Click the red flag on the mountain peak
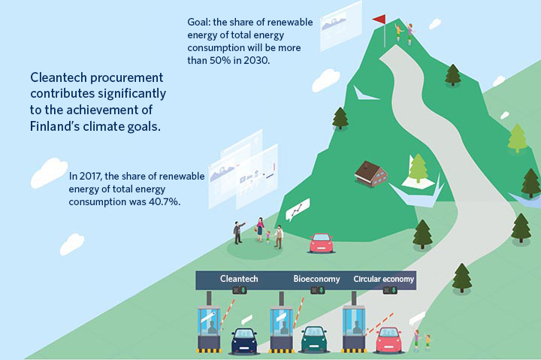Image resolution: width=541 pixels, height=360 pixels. (379, 20)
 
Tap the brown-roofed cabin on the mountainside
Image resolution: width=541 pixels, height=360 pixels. (370, 174)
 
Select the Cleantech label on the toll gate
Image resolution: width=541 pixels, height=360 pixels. (239, 279)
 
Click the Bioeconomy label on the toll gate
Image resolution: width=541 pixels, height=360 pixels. (316, 279)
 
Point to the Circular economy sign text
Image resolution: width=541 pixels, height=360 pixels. (384, 279)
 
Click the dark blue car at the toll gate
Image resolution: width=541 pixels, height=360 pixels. (244, 340)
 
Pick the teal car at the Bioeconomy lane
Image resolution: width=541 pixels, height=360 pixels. (313, 339)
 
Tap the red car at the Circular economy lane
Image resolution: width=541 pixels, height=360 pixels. (388, 340)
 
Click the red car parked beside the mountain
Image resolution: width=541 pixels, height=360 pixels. (322, 243)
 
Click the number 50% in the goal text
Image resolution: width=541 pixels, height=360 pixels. (219, 60)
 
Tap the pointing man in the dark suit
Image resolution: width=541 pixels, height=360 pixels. (238, 233)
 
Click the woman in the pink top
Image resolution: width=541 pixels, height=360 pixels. (260, 228)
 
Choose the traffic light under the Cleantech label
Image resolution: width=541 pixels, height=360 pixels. (239, 290)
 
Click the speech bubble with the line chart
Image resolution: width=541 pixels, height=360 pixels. (298, 209)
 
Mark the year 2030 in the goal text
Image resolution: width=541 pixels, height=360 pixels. (255, 60)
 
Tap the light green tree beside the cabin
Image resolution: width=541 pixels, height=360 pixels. (418, 168)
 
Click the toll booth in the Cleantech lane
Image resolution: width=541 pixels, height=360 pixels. (209, 328)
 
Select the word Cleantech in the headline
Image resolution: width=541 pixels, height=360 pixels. (59, 77)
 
